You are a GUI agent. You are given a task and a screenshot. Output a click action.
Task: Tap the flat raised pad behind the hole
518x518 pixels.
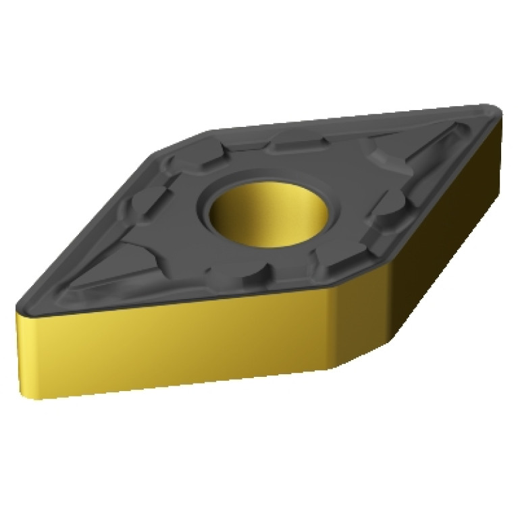pyautogui.click(x=297, y=142)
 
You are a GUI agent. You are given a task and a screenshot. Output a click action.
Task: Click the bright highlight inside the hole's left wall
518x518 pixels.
pyautogui.click(x=223, y=216)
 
